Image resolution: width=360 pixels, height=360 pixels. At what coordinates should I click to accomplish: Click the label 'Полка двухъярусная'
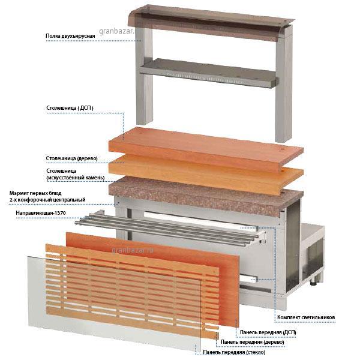click(x=70, y=36)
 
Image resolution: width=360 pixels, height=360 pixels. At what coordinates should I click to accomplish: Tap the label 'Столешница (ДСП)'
click(x=70, y=108)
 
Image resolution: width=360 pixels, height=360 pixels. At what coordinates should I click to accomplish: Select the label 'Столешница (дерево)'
click(x=71, y=158)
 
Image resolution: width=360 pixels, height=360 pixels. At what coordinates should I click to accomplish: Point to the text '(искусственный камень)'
click(x=76, y=178)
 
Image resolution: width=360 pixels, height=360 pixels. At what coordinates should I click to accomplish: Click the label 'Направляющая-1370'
click(x=41, y=213)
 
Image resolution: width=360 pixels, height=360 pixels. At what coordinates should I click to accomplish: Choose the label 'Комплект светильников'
click(x=306, y=317)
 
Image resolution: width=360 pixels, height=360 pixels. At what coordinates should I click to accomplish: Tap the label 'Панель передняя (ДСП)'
click(x=268, y=332)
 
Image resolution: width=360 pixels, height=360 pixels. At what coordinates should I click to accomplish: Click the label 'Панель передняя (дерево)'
click(x=253, y=342)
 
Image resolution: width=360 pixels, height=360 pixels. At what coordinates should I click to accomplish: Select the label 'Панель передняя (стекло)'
click(x=234, y=352)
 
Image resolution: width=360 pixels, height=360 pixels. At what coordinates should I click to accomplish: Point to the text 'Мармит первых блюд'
click(x=35, y=193)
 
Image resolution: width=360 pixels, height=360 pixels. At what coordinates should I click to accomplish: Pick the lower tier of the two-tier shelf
click(x=209, y=73)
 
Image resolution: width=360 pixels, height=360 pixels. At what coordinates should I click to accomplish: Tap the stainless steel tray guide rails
click(x=167, y=229)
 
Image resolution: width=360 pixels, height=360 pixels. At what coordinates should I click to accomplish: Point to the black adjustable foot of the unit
click(x=314, y=282)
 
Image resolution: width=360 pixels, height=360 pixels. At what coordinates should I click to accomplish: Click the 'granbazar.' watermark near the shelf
click(x=116, y=31)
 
